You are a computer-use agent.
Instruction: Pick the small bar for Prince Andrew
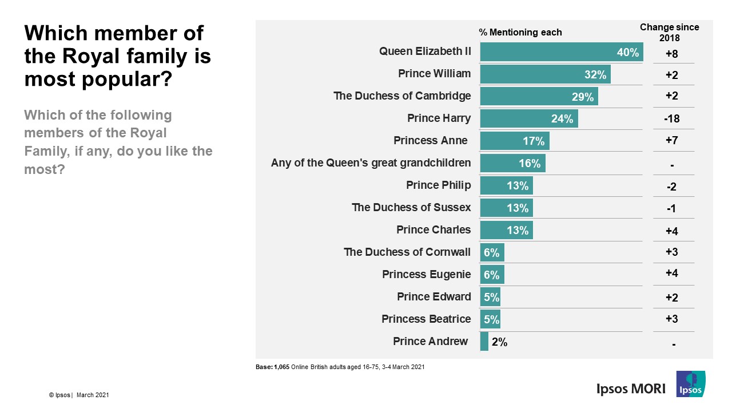tap(484, 342)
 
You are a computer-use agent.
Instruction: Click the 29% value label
tap(583, 97)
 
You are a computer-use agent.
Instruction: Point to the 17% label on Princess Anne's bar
tap(534, 141)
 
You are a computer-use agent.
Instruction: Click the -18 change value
tap(672, 119)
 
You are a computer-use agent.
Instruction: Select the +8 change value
tap(672, 53)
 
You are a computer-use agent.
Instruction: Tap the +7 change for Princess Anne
tap(672, 141)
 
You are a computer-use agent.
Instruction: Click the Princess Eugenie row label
tap(426, 274)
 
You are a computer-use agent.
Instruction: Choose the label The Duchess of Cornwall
tap(407, 252)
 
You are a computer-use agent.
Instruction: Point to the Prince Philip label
tap(438, 185)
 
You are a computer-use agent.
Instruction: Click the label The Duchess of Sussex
tap(411, 207)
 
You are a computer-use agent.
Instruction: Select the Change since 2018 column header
tap(669, 33)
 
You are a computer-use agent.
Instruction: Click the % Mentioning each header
tap(520, 33)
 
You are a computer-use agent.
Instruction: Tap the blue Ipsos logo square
tap(690, 384)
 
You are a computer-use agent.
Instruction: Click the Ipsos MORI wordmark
tap(631, 389)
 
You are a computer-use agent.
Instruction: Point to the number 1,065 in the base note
tap(282, 367)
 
